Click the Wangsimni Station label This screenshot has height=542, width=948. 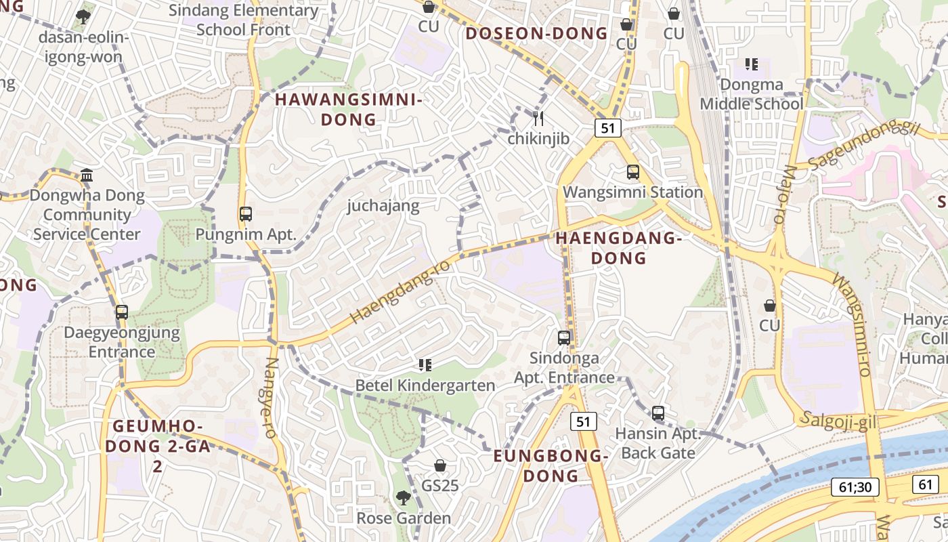[633, 192]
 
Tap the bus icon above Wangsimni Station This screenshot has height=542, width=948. [633, 172]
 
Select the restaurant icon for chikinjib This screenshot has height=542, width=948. [538, 119]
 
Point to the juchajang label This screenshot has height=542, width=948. [383, 205]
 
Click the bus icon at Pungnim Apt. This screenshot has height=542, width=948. [246, 214]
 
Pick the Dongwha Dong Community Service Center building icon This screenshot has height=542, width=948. [87, 175]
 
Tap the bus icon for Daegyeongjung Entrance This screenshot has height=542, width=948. [122, 312]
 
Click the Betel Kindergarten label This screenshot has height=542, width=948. [425, 385]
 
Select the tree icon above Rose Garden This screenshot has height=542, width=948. [403, 499]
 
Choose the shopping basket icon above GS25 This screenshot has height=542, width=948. [440, 465]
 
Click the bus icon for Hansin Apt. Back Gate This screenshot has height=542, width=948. [658, 413]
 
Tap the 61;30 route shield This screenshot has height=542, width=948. [855, 486]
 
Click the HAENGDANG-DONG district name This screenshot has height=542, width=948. [618, 248]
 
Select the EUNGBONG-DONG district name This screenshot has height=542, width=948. [551, 465]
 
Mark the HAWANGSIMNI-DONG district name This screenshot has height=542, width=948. [348, 110]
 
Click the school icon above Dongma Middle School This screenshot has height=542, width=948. [751, 65]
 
